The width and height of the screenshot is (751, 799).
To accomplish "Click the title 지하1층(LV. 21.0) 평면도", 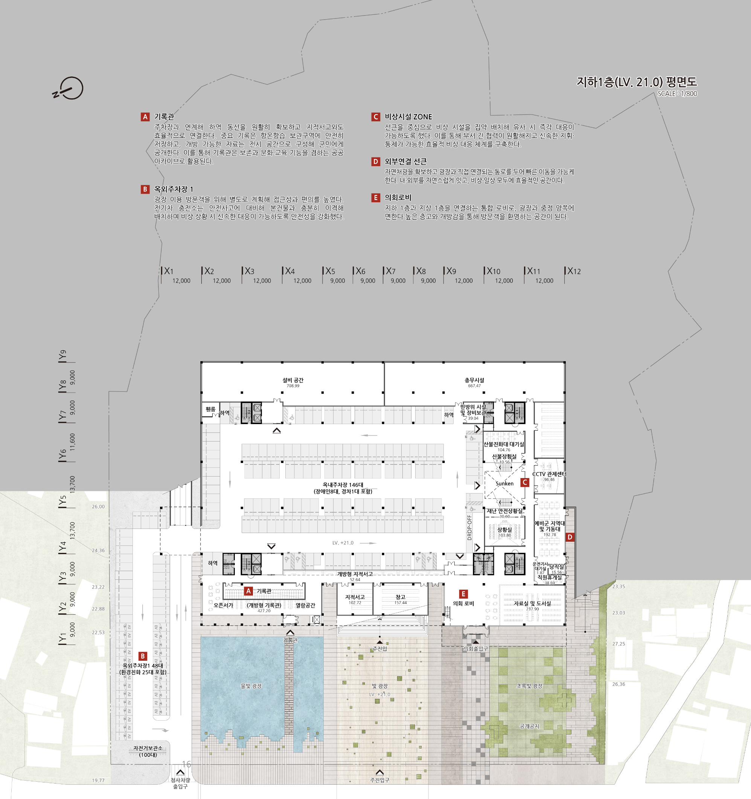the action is click(x=637, y=82).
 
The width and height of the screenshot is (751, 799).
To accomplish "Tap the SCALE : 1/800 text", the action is click(x=677, y=94).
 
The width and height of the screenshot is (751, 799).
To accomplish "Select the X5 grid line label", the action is click(x=330, y=271).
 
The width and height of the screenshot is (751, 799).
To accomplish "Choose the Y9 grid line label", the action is click(x=62, y=355).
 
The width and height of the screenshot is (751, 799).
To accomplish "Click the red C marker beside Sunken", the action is click(x=524, y=482).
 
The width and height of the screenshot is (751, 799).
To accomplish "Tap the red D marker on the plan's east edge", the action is click(x=570, y=537).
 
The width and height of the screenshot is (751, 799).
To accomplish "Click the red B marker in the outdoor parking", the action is click(x=143, y=656).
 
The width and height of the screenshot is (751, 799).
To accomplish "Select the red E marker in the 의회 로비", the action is click(x=463, y=594).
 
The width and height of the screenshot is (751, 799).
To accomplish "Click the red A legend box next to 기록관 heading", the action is click(x=145, y=117).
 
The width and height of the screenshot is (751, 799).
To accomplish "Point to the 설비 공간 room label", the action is click(x=293, y=380).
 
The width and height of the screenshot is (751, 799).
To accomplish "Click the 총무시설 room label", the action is click(x=474, y=380).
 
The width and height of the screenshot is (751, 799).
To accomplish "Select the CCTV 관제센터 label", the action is click(x=549, y=474).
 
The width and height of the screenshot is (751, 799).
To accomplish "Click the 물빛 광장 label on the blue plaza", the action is click(x=251, y=686).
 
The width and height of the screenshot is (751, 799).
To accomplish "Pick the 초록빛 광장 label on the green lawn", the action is click(x=529, y=686).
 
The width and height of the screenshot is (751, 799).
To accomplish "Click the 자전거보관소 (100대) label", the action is click(x=148, y=751).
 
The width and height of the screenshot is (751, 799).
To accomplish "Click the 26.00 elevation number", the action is click(x=98, y=506).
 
